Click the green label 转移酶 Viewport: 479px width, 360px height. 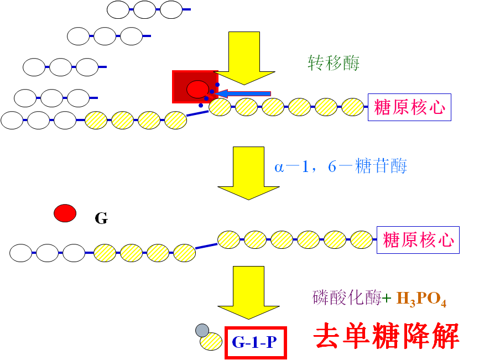click(x=333, y=63)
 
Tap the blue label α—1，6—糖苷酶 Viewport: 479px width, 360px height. click(x=341, y=166)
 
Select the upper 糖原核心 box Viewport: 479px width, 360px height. click(x=409, y=107)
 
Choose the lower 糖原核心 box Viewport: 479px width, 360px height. click(x=418, y=240)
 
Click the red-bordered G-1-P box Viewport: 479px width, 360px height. click(x=256, y=343)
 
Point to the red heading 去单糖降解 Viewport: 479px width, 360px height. click(x=387, y=336)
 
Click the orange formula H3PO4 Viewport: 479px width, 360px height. click(x=421, y=300)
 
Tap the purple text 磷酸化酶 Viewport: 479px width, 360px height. click(x=347, y=299)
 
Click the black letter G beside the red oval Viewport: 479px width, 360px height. click(x=101, y=218)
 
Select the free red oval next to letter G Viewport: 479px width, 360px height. click(x=65, y=213)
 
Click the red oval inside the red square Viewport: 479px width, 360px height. click(x=197, y=88)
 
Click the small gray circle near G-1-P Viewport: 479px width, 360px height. click(x=202, y=331)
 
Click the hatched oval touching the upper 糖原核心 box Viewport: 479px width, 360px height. click(x=352, y=107)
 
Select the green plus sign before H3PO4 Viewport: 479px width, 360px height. click(x=387, y=299)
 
